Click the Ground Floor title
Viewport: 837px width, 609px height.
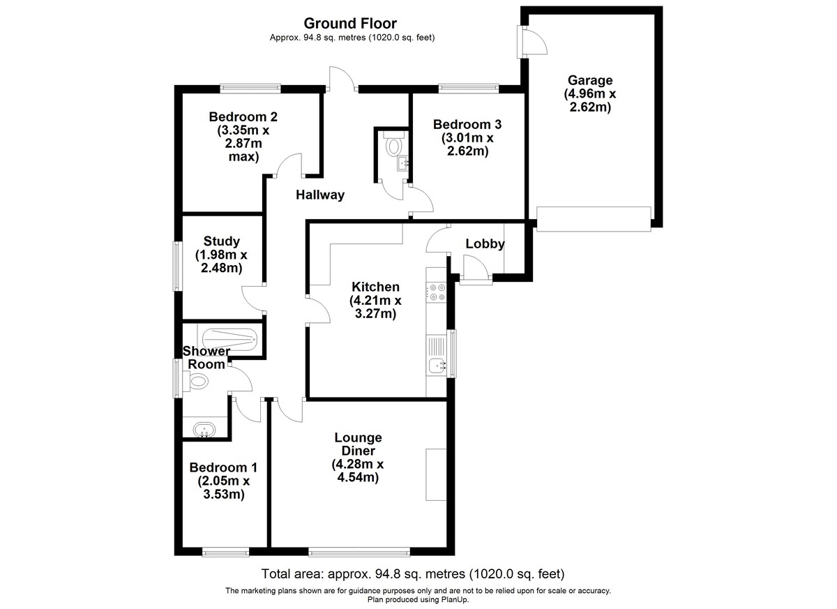[350, 24]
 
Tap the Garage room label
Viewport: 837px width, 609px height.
[590, 80]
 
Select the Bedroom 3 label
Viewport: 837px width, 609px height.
[467, 124]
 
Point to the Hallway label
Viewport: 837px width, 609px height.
[320, 195]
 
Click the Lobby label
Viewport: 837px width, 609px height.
[485, 244]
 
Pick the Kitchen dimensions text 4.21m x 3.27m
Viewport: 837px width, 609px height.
[375, 307]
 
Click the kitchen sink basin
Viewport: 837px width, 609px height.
[437, 366]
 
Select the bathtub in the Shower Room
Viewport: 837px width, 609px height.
[230, 339]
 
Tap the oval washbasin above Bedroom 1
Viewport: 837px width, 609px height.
[204, 430]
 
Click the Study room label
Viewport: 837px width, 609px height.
[221, 241]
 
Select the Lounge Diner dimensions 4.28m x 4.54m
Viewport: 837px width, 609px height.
[358, 471]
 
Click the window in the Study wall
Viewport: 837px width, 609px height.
[176, 266]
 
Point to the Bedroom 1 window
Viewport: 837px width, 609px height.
[226, 552]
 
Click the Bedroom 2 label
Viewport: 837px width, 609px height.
[243, 117]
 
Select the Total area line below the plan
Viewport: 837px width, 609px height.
[413, 573]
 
